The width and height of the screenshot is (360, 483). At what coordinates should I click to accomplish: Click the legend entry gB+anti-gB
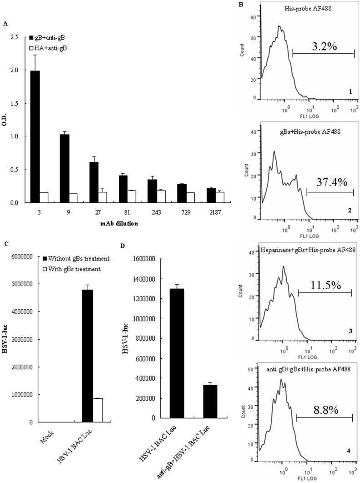[51, 36]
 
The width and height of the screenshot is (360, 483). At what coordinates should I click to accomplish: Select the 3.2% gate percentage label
[321, 46]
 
